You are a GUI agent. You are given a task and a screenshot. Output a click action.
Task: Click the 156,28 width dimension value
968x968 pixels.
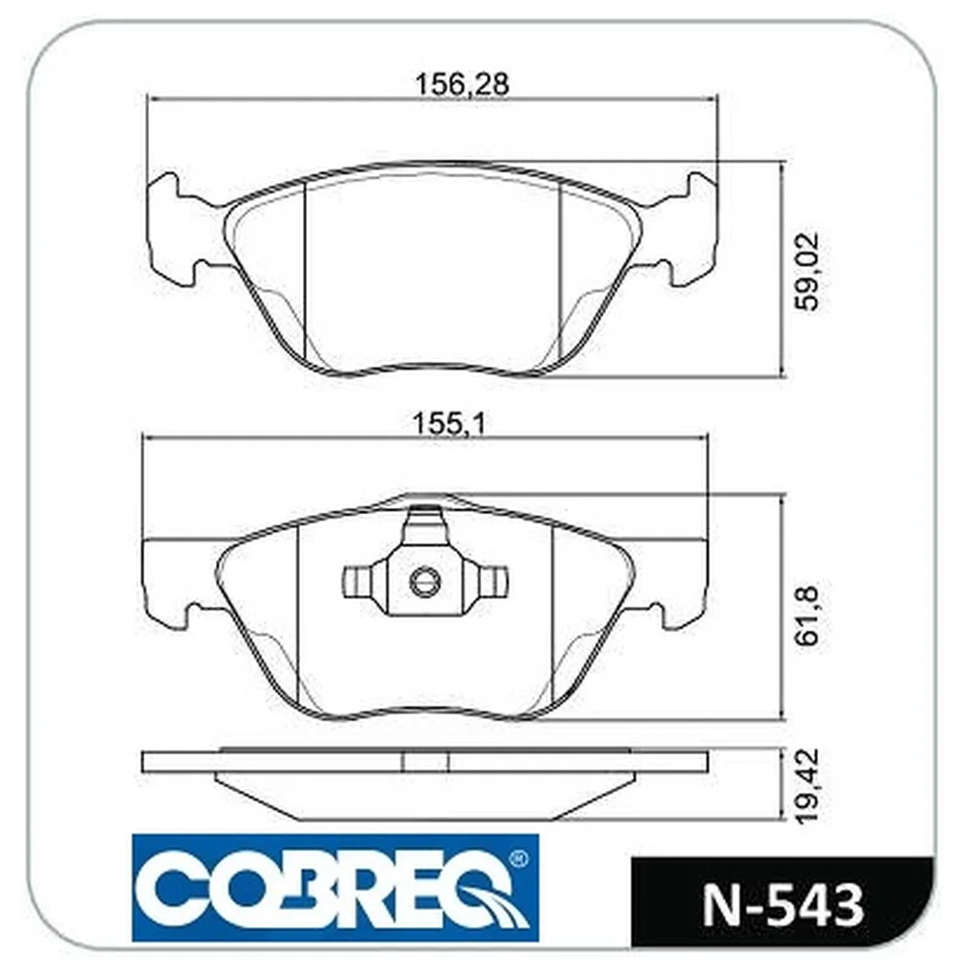point(463,84)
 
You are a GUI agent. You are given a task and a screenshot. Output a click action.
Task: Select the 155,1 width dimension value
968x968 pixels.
point(449,425)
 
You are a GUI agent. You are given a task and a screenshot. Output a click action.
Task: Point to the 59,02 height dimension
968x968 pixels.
point(807,271)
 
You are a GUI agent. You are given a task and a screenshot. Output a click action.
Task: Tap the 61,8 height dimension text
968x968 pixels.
point(807,616)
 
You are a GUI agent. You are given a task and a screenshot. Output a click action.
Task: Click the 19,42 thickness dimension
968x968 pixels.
point(807,786)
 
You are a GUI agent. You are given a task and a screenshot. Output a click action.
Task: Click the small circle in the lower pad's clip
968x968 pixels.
point(424,580)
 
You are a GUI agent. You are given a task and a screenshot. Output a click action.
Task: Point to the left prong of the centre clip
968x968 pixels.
point(358,582)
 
